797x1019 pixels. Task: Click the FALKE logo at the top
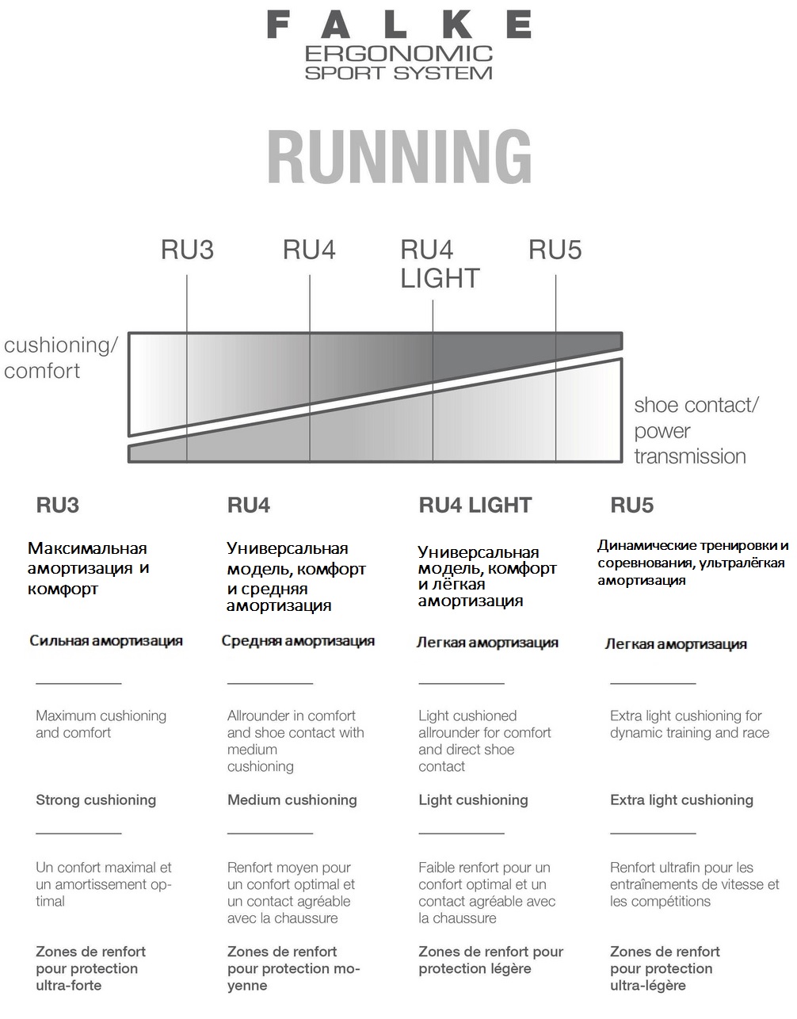399,25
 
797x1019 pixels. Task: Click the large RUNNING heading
399,157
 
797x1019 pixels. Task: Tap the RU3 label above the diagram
187,250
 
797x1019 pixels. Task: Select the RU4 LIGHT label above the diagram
440,264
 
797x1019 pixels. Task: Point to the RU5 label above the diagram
555,250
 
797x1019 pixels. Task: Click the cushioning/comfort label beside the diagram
60,358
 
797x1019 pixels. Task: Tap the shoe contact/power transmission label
696,430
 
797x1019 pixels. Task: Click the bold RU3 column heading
58,505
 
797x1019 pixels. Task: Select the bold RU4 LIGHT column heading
475,505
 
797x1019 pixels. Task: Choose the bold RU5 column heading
631,505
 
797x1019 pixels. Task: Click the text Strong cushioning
96,800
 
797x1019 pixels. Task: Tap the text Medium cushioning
292,800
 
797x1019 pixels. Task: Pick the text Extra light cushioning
681,800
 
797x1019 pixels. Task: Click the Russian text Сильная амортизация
106,640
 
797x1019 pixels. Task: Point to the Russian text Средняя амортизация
298,640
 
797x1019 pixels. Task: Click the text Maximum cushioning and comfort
101,724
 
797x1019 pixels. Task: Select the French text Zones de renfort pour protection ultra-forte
90,968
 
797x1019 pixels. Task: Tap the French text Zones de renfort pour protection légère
491,960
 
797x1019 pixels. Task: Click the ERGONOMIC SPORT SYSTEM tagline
398,63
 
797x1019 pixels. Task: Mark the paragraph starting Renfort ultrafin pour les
694,884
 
